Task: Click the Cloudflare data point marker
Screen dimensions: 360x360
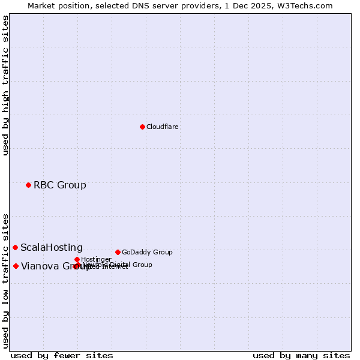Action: tap(142, 127)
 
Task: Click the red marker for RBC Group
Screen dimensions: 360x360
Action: tap(28, 185)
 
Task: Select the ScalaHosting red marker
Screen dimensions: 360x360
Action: tap(15, 247)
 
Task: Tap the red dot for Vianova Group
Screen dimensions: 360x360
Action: tap(16, 266)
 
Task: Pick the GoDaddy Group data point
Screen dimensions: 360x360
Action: tap(118, 252)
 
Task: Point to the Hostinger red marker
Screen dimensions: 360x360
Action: tap(77, 259)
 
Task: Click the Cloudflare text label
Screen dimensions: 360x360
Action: tap(163, 127)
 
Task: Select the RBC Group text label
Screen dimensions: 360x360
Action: tap(60, 185)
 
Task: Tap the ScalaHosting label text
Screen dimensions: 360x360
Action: tap(52, 247)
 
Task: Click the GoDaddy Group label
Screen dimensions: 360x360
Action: tap(147, 252)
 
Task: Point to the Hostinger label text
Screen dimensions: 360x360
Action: tap(96, 259)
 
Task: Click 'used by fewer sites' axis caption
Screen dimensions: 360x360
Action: tap(62, 355)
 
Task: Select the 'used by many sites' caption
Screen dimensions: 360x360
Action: tap(301, 355)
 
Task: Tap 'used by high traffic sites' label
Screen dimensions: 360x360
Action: tap(5, 85)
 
